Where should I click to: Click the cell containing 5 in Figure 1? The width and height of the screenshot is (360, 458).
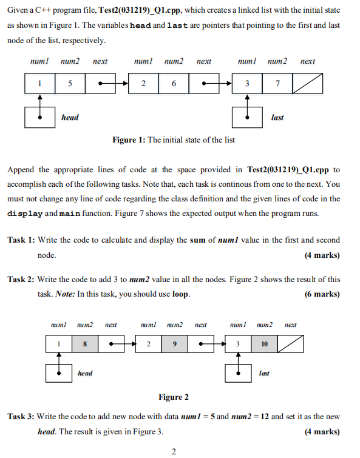(x=70, y=84)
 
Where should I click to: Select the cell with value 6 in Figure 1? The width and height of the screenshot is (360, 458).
(x=174, y=84)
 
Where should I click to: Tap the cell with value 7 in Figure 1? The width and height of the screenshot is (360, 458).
(x=277, y=84)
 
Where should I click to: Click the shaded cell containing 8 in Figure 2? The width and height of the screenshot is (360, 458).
(x=85, y=344)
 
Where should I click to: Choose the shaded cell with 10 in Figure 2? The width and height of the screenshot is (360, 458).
(x=264, y=344)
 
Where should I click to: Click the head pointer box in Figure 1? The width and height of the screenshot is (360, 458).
(x=39, y=117)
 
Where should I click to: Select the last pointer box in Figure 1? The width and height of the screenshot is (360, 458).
(x=247, y=117)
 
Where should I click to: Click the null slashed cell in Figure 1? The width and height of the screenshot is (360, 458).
(x=307, y=84)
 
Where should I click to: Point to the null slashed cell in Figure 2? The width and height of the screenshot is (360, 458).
(x=290, y=344)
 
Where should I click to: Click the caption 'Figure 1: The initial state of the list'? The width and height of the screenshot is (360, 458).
(x=174, y=140)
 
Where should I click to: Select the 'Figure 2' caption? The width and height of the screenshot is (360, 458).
(x=174, y=397)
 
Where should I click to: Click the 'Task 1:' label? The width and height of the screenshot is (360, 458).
(x=21, y=241)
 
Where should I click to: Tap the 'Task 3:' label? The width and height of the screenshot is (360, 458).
(x=21, y=417)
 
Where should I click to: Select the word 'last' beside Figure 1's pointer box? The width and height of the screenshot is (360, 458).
(x=277, y=118)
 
